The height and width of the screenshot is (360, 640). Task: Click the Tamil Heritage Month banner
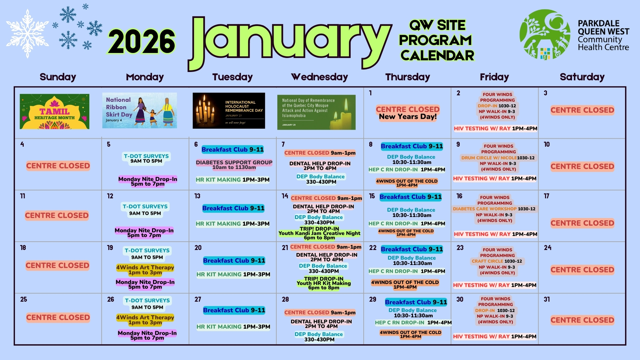click(54, 111)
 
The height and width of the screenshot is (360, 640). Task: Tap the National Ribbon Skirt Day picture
click(139, 110)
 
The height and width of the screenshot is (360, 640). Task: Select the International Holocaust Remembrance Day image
click(229, 111)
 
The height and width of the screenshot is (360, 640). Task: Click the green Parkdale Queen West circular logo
click(545, 34)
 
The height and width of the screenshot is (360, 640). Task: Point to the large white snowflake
click(27, 33)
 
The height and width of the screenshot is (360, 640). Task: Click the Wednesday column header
click(319, 77)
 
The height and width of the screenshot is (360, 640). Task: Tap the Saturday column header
click(582, 77)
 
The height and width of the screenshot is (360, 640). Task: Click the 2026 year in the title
click(141, 42)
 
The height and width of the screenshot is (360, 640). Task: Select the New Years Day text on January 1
click(408, 117)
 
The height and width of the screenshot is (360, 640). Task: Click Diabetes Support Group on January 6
click(234, 165)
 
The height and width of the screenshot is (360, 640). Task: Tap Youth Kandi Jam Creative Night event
click(319, 233)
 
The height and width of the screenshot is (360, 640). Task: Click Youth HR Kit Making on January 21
click(324, 283)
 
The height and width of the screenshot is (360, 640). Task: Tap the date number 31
click(547, 299)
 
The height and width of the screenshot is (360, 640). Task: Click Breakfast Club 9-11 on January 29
click(416, 302)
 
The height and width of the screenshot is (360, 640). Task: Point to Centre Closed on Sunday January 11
click(57, 215)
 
